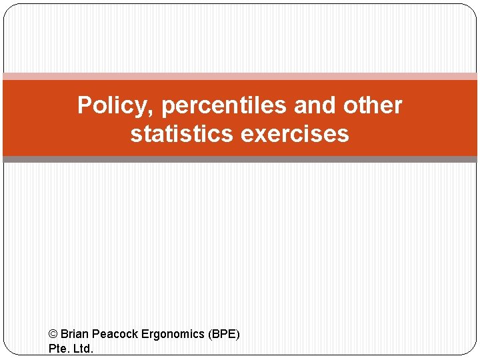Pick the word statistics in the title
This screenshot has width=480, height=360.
[x=182, y=134]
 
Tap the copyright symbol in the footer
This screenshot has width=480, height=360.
[x=53, y=333]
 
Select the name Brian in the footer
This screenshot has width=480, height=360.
[x=74, y=333]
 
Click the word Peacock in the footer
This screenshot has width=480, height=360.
[x=114, y=333]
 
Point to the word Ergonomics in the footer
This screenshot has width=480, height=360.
[x=172, y=333]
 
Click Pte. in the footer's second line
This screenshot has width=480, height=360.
[x=59, y=348]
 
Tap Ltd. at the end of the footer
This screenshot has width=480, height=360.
[x=83, y=348]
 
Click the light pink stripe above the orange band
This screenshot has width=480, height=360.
[x=240, y=76]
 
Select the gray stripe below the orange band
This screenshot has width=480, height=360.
[x=240, y=159]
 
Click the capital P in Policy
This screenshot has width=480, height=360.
[x=85, y=105]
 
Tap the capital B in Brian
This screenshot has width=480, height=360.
[x=64, y=333]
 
